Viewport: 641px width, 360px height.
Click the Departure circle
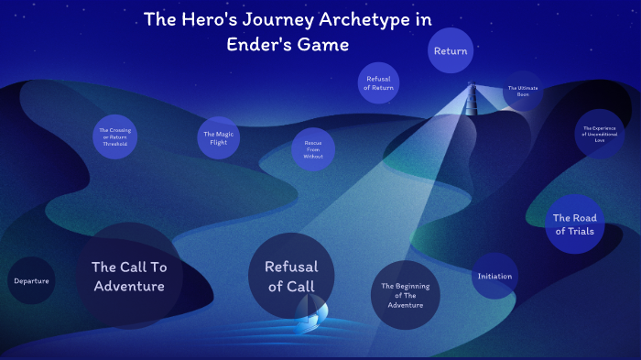[31, 280]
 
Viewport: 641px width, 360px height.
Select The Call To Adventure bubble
[128, 276]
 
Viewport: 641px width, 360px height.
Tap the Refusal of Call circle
[291, 276]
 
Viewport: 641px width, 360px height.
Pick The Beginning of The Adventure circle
[406, 295]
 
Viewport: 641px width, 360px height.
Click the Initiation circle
[494, 276]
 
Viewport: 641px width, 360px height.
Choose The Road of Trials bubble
[574, 224]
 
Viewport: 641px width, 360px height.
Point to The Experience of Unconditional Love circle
[600, 134]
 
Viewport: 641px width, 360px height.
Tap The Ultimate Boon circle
[523, 91]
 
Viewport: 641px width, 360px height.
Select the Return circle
[451, 51]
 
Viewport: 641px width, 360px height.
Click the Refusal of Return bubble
[379, 82]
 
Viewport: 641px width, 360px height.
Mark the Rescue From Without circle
[313, 149]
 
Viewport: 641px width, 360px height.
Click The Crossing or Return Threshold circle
[114, 137]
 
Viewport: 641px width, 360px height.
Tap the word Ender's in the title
[259, 43]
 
